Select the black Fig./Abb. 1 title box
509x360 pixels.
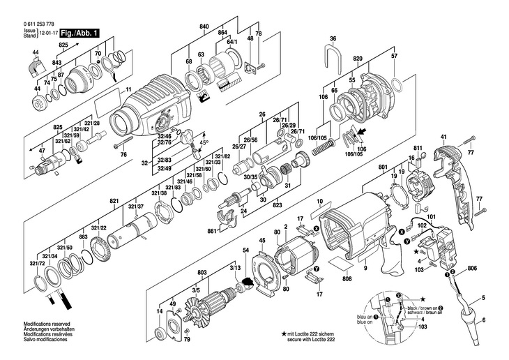pyautogui.click(x=79, y=33)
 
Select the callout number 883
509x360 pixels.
pyautogui.click(x=83, y=238)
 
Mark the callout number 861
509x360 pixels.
pyautogui.click(x=211, y=230)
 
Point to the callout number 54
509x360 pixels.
pyautogui.click(x=245, y=250)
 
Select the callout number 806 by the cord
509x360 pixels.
pyautogui.click(x=472, y=269)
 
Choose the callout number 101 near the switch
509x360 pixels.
pyautogui.click(x=430, y=217)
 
